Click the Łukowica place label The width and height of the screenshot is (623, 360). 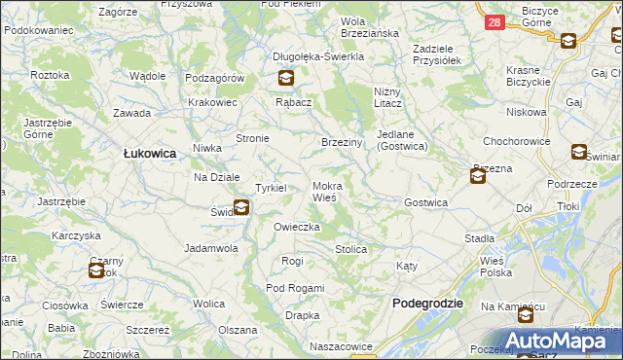point(149,153)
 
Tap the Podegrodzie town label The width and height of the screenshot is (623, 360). point(427,304)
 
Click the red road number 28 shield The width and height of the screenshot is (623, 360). point(495,22)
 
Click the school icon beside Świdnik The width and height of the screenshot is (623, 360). point(240,207)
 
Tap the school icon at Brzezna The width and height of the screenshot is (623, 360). point(478,176)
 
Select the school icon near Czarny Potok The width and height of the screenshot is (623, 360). point(96,270)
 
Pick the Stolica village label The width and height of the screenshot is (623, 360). point(350,249)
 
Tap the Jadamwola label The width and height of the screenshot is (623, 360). point(211,248)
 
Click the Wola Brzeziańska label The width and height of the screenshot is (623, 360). point(370,26)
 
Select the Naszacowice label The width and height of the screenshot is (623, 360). point(342,345)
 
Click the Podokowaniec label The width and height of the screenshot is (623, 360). point(39,30)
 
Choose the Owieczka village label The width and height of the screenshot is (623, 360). point(297,227)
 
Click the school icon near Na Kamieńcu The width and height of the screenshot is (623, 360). point(526,315)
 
